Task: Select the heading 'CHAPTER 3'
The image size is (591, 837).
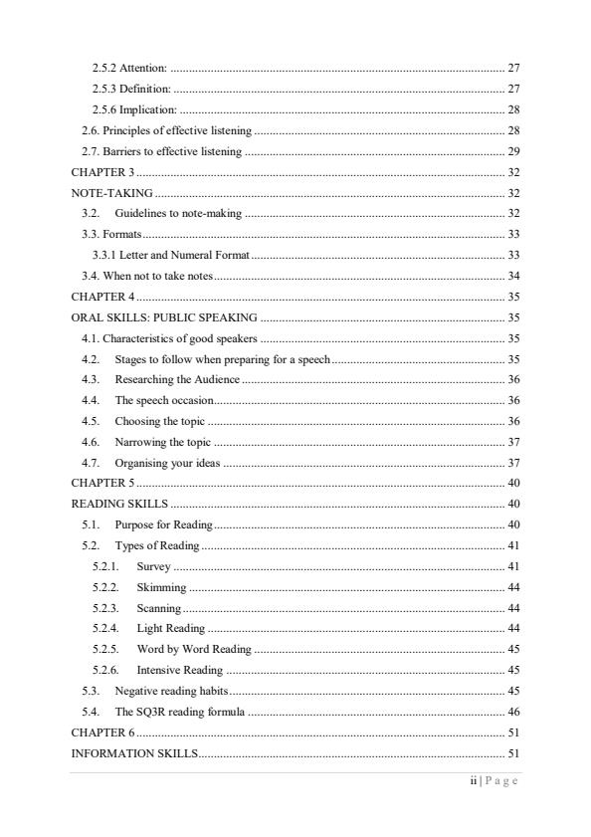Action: (103, 172)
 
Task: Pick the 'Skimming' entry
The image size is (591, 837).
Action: (161, 586)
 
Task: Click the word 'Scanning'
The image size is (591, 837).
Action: (159, 607)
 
